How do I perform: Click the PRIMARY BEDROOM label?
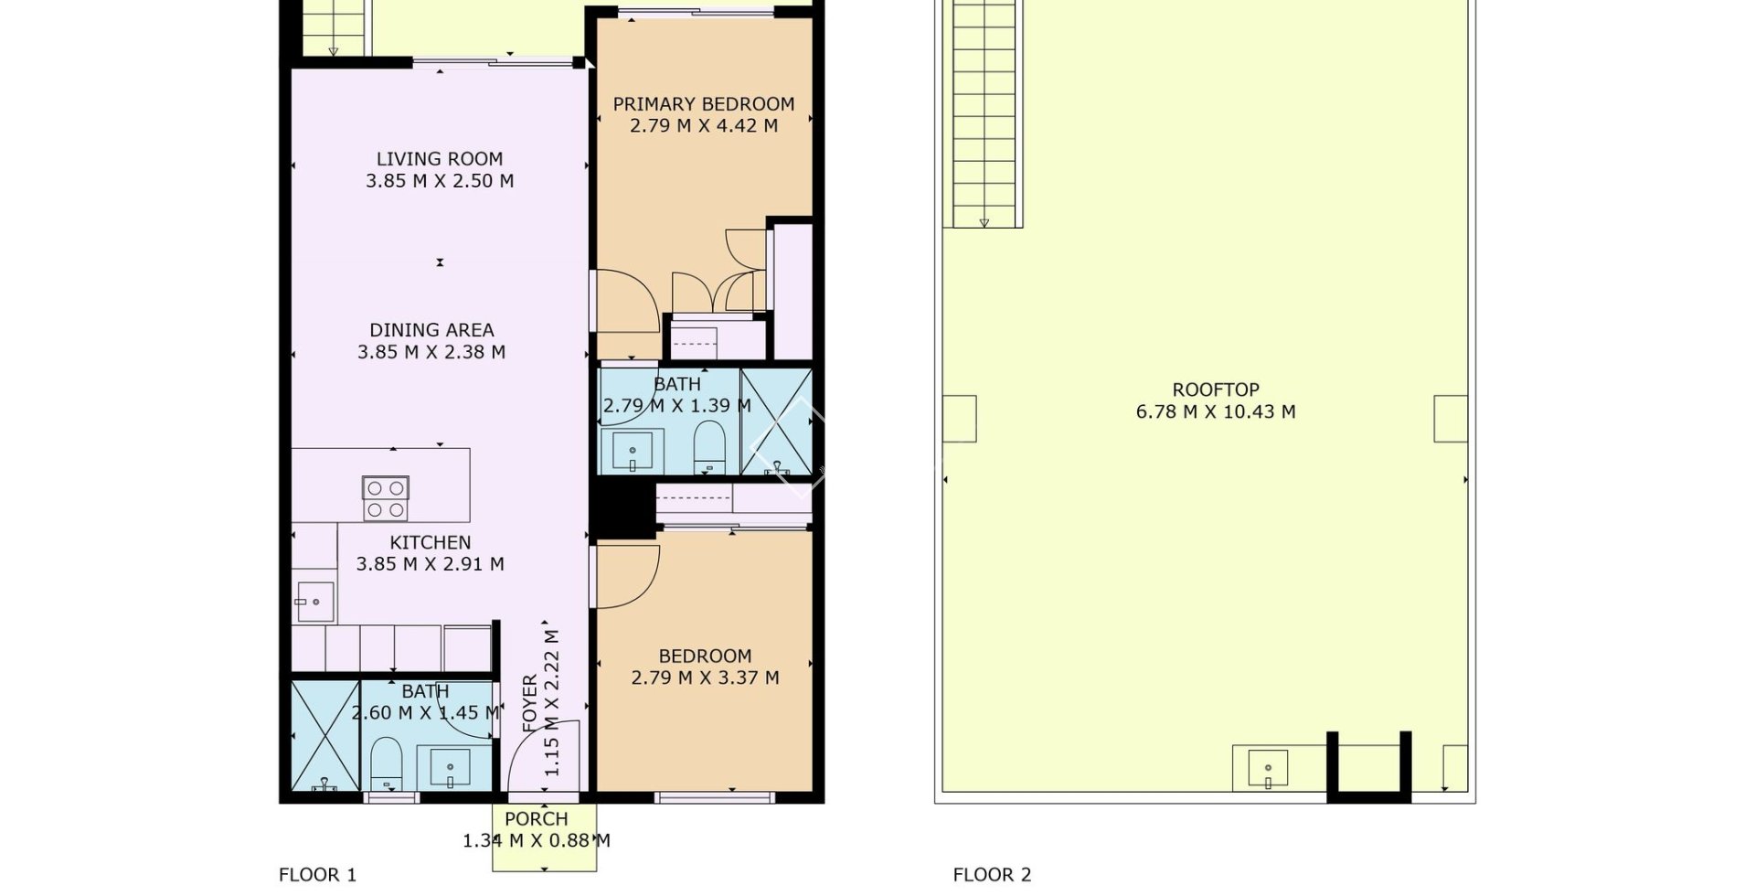coord(703,104)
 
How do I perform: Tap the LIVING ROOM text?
coord(440,159)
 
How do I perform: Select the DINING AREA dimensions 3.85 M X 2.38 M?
coord(431,352)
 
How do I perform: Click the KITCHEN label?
coord(431,542)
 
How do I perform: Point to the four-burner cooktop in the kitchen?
coord(385,499)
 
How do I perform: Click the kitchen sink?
coord(314,602)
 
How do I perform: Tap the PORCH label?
coord(537,819)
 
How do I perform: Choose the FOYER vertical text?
coord(530,704)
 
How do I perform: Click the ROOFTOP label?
coord(1215,390)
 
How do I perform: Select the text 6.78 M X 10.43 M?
coord(1215,412)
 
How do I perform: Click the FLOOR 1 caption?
coord(317,875)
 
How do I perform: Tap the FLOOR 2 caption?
coord(992,875)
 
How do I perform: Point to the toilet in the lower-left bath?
coord(387,763)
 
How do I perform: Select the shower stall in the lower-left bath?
coord(324,735)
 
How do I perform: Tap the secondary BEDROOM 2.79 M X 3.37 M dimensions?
coord(705,677)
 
